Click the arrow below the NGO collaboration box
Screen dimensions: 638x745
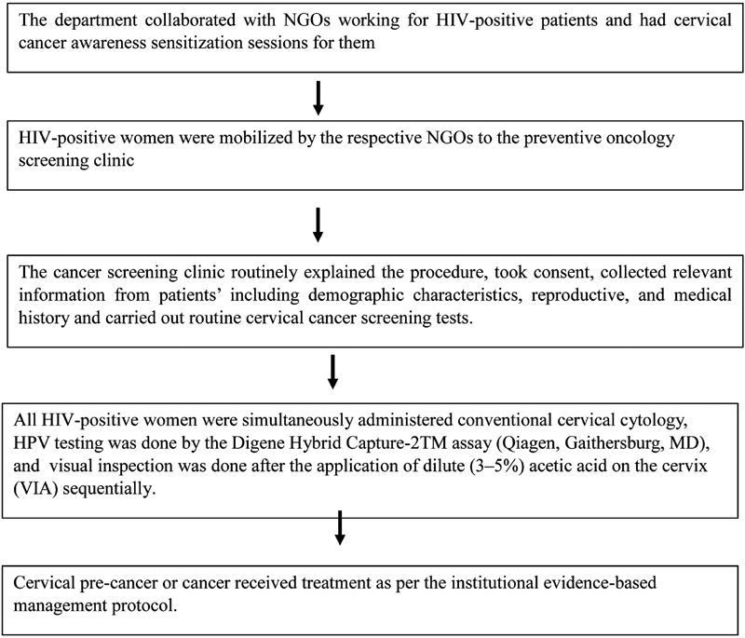319,98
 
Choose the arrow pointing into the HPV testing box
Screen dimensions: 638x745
332,370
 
